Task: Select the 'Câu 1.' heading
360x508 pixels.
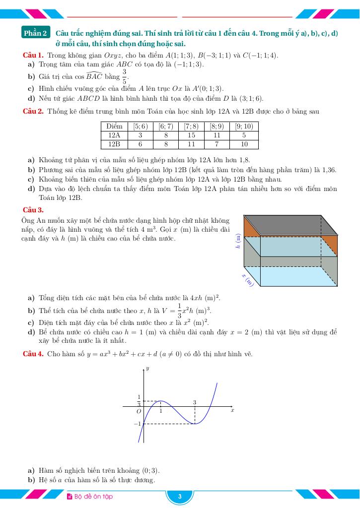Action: coord(33,55)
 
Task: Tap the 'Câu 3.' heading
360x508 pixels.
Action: coord(33,210)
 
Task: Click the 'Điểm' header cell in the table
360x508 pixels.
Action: coord(114,127)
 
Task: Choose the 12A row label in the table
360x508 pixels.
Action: coord(114,135)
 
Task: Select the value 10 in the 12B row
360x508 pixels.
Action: coord(244,144)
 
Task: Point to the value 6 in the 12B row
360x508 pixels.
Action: coord(140,144)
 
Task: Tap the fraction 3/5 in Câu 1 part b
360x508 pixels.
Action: coord(125,76)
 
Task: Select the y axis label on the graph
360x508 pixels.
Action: coord(147,369)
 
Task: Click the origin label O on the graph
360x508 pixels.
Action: coord(139,411)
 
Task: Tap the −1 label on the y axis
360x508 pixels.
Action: coord(137,424)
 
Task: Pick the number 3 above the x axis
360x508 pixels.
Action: coord(194,402)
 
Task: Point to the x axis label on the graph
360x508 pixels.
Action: coord(232,411)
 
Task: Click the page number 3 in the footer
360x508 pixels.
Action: coord(180,497)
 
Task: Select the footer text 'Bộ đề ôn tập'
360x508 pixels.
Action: coord(93,497)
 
